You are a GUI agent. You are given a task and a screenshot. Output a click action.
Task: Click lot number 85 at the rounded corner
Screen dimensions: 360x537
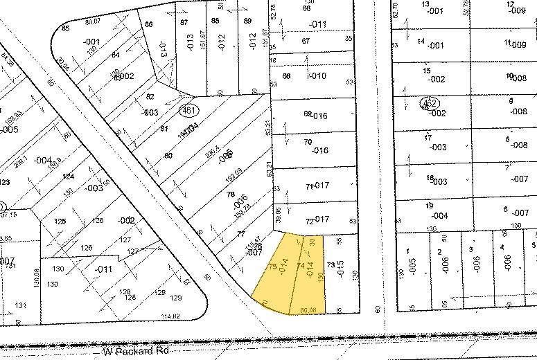[66, 28]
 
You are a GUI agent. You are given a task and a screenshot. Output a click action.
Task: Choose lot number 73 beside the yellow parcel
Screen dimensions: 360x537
[331, 265]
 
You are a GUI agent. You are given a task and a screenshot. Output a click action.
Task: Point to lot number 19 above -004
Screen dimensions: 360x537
[429, 206]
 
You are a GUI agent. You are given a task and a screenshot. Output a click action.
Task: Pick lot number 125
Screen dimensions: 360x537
[60, 222]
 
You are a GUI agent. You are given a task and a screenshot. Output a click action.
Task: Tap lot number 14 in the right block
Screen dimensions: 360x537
[420, 41]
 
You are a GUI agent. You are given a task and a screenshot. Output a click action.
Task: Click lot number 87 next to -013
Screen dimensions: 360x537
[184, 22]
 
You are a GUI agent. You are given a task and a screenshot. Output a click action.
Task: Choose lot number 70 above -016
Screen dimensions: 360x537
[308, 142]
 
